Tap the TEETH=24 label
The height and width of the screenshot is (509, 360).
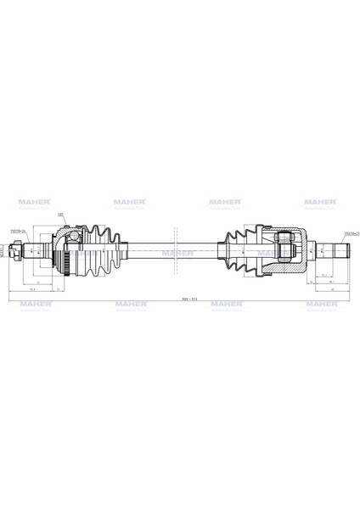click(18, 231)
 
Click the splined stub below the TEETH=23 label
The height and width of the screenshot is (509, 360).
click(339, 251)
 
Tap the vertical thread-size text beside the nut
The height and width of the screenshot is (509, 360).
click(3, 251)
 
